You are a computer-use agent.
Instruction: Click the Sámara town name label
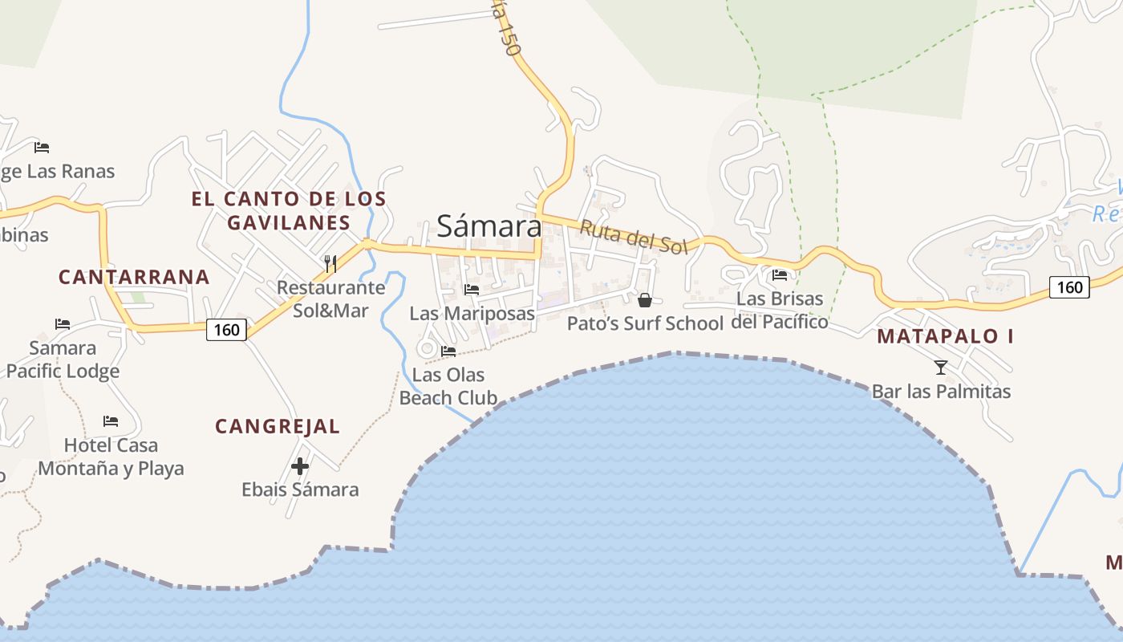[x=489, y=226]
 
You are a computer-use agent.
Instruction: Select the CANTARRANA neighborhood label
[x=134, y=278]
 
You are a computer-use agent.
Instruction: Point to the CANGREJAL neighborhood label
[x=278, y=427]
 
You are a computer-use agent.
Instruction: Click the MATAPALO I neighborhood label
[x=945, y=336]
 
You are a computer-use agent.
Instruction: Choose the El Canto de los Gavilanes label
[x=289, y=210]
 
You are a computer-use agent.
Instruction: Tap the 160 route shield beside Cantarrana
[x=226, y=329]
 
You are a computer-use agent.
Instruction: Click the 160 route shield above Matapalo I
[x=1069, y=286]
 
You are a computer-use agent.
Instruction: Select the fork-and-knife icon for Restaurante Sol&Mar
[x=329, y=262]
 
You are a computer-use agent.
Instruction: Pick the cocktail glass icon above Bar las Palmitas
[x=941, y=368]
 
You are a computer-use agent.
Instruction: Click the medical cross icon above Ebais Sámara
[x=300, y=466]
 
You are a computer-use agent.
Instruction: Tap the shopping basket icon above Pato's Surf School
[x=644, y=300]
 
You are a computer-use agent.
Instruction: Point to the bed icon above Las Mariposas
[x=472, y=290]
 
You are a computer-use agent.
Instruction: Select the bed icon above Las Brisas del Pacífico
[x=779, y=275]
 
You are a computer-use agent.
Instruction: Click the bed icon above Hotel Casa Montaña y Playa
[x=111, y=421]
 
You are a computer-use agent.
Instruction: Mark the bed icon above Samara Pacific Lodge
[x=63, y=324]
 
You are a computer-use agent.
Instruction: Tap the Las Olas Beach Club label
[x=448, y=386]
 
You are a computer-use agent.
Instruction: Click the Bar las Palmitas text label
[x=941, y=392]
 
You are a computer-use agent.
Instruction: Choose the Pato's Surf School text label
[x=645, y=323]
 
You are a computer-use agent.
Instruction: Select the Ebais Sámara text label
[x=300, y=490]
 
